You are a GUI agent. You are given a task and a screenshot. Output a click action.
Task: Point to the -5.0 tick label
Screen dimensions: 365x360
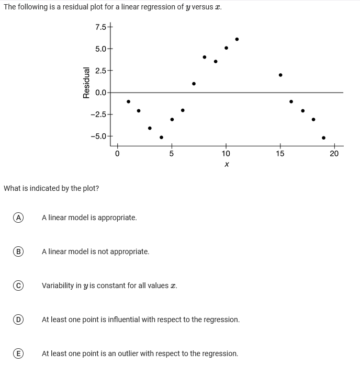[x=99, y=136]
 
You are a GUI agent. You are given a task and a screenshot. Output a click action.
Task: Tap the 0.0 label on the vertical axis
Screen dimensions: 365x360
[x=100, y=93]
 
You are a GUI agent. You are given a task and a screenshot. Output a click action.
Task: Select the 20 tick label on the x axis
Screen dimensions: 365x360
[x=334, y=153]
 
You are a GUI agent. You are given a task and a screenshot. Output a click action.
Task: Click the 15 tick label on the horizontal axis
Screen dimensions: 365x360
[x=280, y=153]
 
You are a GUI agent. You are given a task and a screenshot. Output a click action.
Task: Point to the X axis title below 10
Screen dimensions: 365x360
[x=226, y=165]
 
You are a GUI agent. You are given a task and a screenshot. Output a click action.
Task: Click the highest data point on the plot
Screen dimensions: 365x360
[x=237, y=39]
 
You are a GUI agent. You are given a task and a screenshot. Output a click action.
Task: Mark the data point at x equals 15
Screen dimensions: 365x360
[x=280, y=75]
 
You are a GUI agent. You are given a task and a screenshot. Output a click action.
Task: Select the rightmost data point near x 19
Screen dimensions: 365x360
[x=323, y=138]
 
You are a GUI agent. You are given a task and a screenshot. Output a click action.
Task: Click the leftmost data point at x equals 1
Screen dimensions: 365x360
[x=128, y=101]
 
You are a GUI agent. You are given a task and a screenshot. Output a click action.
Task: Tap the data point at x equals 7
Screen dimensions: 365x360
[x=194, y=84]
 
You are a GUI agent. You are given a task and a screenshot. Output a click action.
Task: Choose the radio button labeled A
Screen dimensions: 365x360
[x=18, y=217]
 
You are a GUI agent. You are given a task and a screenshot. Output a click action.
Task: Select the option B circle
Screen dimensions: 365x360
[x=18, y=252]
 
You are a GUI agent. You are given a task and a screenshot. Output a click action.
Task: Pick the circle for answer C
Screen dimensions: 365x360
[x=18, y=286]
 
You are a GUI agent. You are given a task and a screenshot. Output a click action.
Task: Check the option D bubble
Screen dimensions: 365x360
[x=18, y=320]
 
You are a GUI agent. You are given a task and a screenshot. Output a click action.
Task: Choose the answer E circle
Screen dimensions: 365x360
[x=18, y=353]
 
